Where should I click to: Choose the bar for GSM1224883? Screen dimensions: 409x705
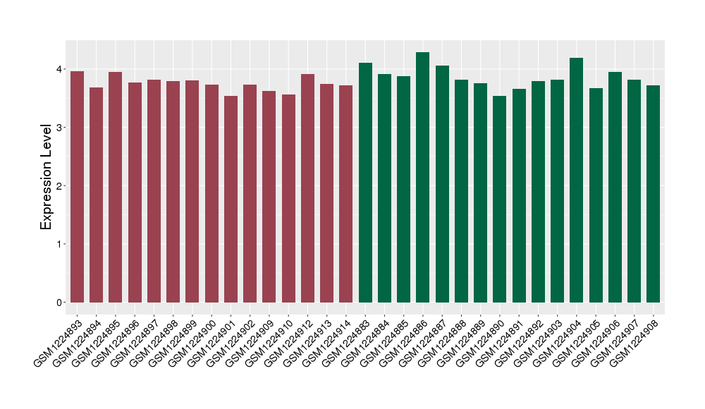[x=365, y=183]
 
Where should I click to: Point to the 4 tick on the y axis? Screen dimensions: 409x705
[x=61, y=69]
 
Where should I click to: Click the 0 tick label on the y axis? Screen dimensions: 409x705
[x=61, y=303]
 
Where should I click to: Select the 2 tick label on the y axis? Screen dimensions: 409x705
[x=61, y=186]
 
